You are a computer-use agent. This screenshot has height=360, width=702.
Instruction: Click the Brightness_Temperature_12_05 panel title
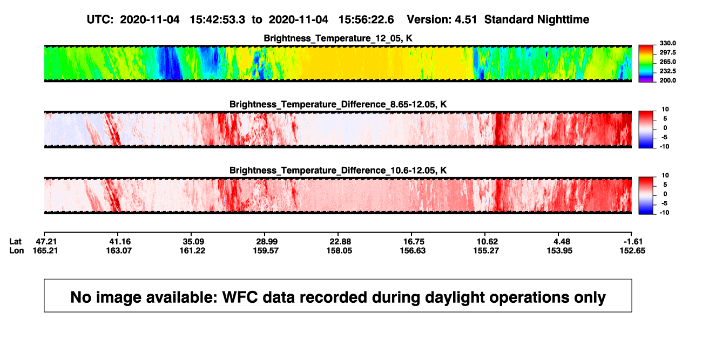point(338,38)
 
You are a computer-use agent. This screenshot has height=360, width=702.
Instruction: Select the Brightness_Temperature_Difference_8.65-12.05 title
point(338,104)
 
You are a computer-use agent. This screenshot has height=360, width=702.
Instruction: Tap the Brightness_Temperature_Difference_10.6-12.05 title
point(338,171)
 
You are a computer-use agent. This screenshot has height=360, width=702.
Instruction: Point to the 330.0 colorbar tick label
point(667,43)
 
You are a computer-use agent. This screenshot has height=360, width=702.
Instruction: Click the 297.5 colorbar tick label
point(667,52)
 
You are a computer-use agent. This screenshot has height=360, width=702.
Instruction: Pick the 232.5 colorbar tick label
point(667,71)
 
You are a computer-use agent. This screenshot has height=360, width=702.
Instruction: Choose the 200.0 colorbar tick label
point(667,80)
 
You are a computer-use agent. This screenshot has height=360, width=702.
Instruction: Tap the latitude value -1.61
point(633,242)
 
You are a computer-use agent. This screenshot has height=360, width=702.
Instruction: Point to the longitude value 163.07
point(119,250)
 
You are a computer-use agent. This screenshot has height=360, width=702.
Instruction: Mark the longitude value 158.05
point(339,250)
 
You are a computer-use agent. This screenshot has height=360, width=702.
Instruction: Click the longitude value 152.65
point(632,250)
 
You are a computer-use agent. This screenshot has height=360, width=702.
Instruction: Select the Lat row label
point(15,242)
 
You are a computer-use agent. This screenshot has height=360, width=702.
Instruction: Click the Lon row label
point(16,250)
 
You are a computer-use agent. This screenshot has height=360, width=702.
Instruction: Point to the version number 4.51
point(465,19)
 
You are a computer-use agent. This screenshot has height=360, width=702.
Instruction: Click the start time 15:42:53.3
point(217,19)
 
